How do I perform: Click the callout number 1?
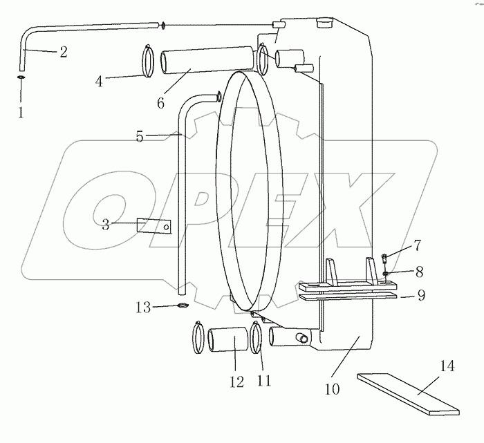21,111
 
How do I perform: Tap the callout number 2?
63,52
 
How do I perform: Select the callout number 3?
105,225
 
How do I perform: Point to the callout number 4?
100,81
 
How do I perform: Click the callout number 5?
140,136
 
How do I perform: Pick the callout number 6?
160,103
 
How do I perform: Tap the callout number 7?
417,245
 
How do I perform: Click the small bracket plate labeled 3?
153,226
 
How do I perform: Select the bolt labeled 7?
384,261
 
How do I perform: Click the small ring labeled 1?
21,78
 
